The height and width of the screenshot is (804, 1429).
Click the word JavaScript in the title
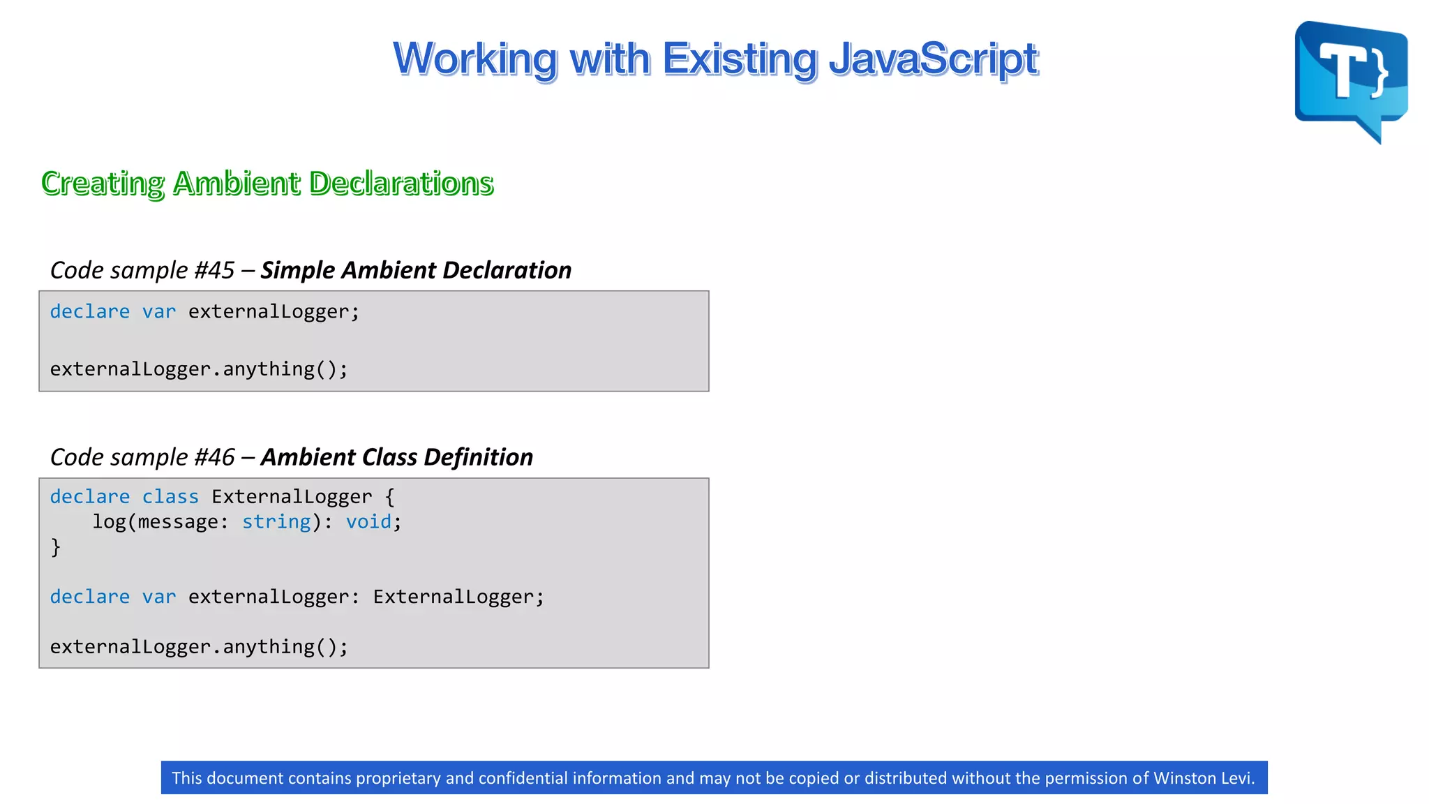(x=933, y=59)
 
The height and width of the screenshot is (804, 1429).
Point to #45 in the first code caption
(x=214, y=270)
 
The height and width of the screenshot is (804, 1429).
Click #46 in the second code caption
(x=214, y=457)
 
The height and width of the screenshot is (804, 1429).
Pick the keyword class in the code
(x=170, y=497)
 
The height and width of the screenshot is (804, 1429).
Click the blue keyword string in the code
(x=276, y=522)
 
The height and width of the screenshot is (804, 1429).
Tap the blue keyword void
(x=368, y=522)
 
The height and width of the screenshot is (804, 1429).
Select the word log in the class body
(x=109, y=522)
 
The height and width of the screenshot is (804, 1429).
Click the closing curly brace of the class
(x=56, y=547)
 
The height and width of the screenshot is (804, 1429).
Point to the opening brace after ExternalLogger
(x=389, y=497)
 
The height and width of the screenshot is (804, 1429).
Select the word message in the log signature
(x=178, y=522)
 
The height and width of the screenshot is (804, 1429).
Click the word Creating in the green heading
(x=103, y=183)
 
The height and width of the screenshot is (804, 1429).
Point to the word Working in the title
(x=475, y=59)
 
